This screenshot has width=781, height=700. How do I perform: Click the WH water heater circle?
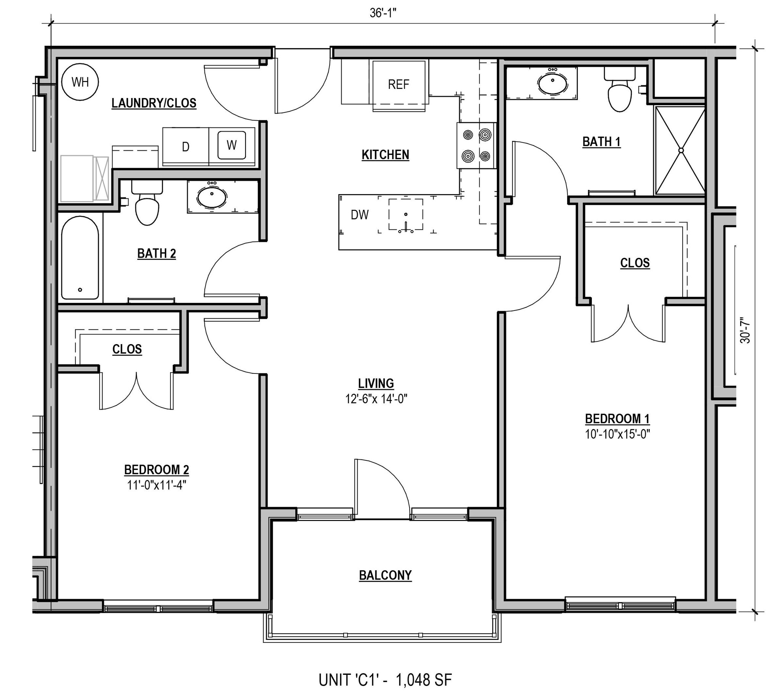80,82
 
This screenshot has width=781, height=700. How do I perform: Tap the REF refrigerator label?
399,85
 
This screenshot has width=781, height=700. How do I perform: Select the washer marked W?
231,145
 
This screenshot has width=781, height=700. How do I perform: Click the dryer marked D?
185,147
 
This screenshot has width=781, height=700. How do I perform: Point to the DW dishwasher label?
360,215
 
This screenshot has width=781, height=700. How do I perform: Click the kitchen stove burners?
476,145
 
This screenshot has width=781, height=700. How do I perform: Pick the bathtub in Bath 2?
80,258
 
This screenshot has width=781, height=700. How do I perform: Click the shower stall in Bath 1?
680,150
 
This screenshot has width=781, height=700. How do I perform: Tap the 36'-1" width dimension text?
383,13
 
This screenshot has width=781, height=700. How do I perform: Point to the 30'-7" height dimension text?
745,332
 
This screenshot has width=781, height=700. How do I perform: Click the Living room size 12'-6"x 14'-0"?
376,399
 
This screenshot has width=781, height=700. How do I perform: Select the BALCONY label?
385,575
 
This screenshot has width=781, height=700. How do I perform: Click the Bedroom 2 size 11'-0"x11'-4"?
156,485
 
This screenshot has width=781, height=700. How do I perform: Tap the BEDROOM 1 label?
617,418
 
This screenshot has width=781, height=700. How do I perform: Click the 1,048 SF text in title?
423,680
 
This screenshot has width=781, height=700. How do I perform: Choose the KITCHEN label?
385,154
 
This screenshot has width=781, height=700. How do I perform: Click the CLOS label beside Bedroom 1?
635,263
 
